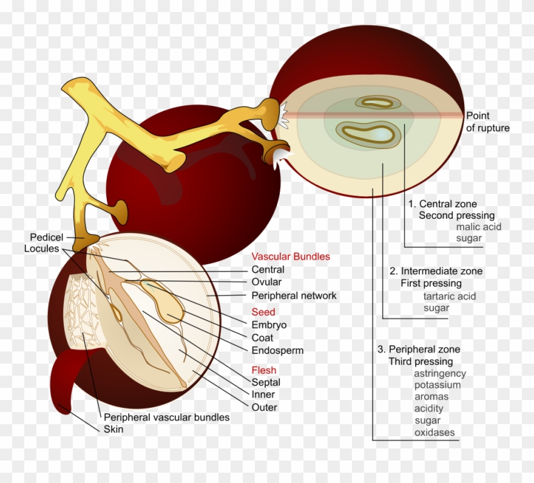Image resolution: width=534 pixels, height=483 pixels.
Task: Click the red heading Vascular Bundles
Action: pyautogui.click(x=291, y=257)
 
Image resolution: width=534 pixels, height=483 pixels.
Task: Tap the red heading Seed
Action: pyautogui.click(x=263, y=312)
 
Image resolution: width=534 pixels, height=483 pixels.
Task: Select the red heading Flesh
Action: pyautogui.click(x=264, y=370)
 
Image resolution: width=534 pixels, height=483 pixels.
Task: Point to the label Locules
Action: pyautogui.click(x=41, y=248)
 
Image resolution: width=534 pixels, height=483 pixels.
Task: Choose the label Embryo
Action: pyautogui.click(x=269, y=325)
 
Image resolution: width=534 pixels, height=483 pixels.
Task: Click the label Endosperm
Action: pyautogui.click(x=277, y=350)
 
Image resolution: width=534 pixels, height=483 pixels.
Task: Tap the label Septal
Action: pyautogui.click(x=266, y=383)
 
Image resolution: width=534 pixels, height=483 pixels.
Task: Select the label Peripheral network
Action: pyautogui.click(x=294, y=296)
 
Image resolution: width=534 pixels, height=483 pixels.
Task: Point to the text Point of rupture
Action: pyautogui.click(x=487, y=122)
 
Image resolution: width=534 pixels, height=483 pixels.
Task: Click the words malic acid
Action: pyautogui.click(x=479, y=227)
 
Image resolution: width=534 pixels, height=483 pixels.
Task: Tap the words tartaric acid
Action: pyautogui.click(x=449, y=296)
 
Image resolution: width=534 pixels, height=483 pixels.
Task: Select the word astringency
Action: pyautogui.click(x=440, y=374)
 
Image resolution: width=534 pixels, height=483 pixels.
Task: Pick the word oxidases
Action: pyautogui.click(x=434, y=433)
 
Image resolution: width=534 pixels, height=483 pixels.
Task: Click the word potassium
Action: pyautogui.click(x=437, y=385)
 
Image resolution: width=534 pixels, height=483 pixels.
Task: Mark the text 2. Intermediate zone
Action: pyautogui.click(x=436, y=271)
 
